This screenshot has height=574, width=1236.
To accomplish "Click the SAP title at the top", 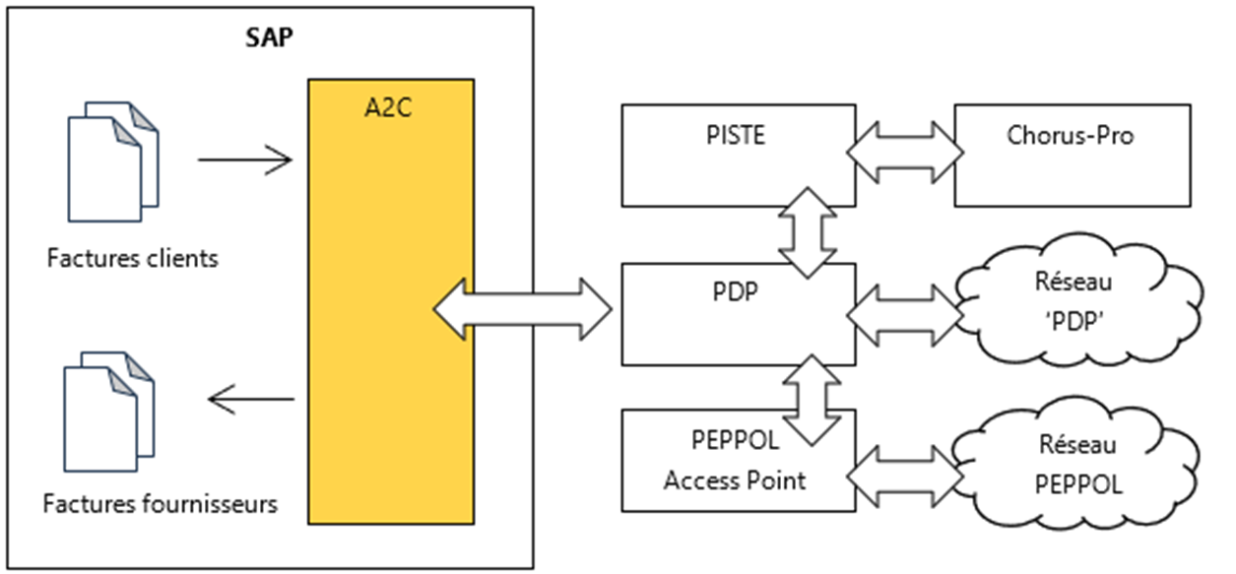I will (x=270, y=40).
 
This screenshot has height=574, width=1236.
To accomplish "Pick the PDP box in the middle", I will (x=737, y=314).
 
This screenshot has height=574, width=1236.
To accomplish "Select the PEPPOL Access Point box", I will (x=737, y=461).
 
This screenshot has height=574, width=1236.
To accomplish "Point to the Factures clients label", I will (x=132, y=260).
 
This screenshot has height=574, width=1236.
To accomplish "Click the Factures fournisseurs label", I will (x=160, y=505).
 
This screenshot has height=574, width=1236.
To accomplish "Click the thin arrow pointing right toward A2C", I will (x=245, y=159).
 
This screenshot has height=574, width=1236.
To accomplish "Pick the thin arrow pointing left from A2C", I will (x=252, y=399).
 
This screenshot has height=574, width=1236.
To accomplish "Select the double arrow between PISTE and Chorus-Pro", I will (x=905, y=154).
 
